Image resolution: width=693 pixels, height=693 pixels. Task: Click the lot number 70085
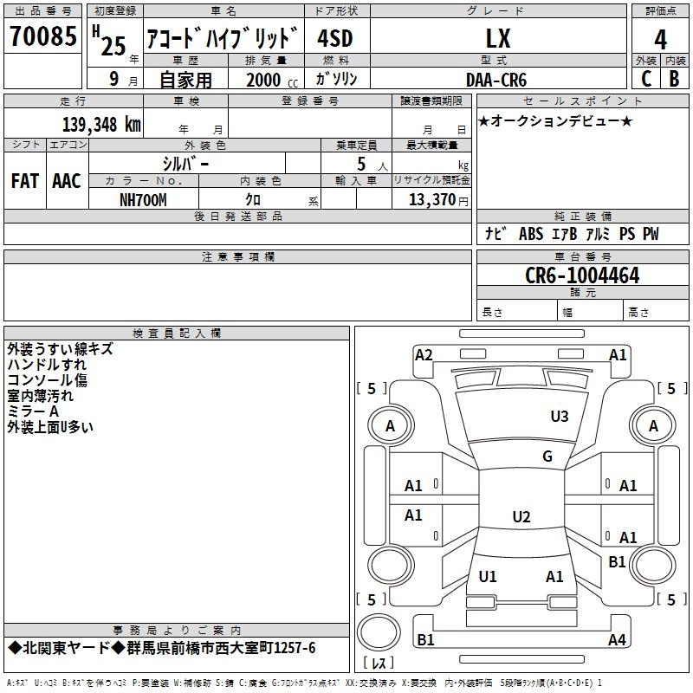pos(42,36)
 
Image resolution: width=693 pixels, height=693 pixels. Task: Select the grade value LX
pos(498,38)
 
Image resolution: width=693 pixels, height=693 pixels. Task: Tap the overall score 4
pos(660,40)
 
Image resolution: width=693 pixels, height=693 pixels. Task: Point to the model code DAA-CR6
pos(496,80)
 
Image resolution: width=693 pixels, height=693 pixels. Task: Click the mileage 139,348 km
pos(101,124)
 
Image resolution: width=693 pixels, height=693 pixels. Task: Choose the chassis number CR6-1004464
pos(582,275)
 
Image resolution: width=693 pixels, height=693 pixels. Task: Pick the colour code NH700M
pos(143,200)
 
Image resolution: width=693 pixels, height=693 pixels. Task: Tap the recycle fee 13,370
pos(431,200)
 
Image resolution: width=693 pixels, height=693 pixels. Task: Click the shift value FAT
pos(25,181)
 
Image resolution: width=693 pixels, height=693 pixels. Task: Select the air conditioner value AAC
pos(67,181)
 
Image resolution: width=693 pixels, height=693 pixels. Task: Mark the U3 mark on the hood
pos(560,417)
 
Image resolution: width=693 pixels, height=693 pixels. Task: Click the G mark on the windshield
pos(547,456)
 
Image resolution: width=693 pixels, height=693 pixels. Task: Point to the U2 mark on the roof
pos(521,516)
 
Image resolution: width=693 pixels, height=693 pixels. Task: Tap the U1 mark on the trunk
pos(488,576)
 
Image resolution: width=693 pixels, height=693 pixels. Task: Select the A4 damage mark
pos(617,639)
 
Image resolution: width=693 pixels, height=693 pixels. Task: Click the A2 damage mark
pos(424,355)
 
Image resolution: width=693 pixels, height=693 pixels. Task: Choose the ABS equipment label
pos(531,234)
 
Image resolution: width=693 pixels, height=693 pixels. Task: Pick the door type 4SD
pos(335,38)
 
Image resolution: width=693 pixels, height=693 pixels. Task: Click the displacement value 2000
pos(263,80)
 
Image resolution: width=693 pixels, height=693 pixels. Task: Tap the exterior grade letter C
pos(646,79)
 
